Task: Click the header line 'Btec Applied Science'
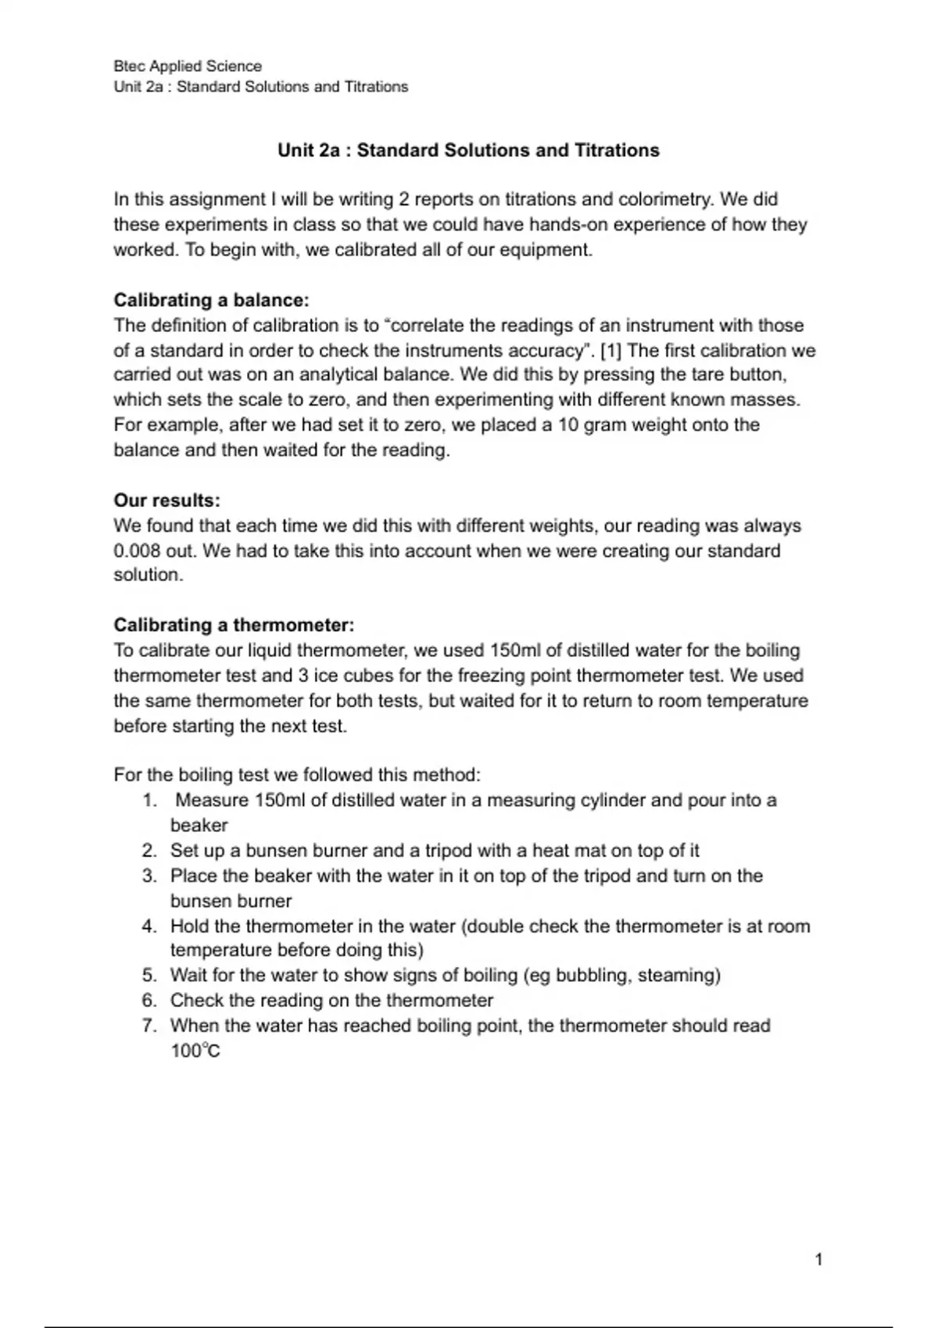pyautogui.click(x=188, y=66)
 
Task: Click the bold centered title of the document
pyautogui.click(x=468, y=150)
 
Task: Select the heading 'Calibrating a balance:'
pyautogui.click(x=211, y=300)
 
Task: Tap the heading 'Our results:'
pyautogui.click(x=166, y=500)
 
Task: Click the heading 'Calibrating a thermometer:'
pyautogui.click(x=234, y=625)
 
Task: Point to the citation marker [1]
pyautogui.click(x=610, y=350)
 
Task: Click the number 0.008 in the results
pyautogui.click(x=137, y=551)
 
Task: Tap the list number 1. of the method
pyautogui.click(x=150, y=800)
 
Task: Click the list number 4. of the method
pyautogui.click(x=150, y=926)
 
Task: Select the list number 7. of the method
pyautogui.click(x=150, y=1026)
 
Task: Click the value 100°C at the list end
pyautogui.click(x=195, y=1051)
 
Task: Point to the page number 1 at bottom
pyautogui.click(x=818, y=1258)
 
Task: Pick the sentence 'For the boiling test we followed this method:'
pyautogui.click(x=297, y=775)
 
